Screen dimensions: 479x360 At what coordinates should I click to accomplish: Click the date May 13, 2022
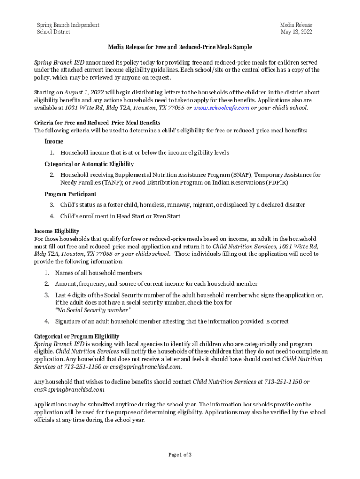pos(296,32)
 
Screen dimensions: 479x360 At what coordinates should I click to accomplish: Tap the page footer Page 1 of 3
pos(180,454)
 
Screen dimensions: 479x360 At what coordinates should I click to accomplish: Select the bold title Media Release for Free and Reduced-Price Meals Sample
pos(180,47)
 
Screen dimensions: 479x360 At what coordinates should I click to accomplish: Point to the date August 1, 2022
pos(84,93)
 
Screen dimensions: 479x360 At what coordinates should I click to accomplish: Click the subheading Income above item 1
pos(54,141)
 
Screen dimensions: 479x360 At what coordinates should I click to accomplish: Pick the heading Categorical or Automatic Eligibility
pos(89,164)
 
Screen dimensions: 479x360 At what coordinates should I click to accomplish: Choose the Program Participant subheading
pos(70,194)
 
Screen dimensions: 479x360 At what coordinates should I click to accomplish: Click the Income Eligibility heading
pos(56,231)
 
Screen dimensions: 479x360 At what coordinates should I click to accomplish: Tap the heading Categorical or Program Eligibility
pos(76,336)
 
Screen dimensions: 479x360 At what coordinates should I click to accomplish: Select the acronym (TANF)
pos(109,182)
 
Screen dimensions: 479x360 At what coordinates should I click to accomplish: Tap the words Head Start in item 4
pos(129,216)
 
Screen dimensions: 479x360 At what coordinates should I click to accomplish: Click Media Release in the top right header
pos(296,25)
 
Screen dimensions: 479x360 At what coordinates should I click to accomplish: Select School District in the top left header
pos(53,32)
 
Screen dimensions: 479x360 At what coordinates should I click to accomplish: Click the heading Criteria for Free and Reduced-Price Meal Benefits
pos(97,123)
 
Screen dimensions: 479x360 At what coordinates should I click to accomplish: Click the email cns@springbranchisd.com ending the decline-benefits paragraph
pos(69,389)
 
